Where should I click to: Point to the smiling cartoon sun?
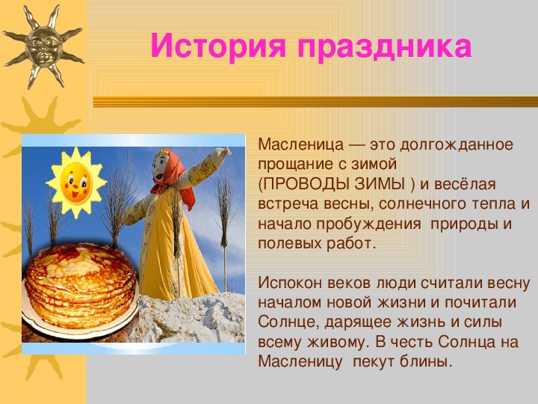pos(75,183)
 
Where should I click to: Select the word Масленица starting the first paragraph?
pos(300,144)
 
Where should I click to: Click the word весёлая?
pos(465,184)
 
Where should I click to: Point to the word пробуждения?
pos(368,224)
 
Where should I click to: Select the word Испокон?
pos(290,283)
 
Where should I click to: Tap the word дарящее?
pos(358,323)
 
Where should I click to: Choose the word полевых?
pos(290,244)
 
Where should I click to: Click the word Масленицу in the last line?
pos(300,363)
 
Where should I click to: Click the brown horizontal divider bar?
pos(315,102)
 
